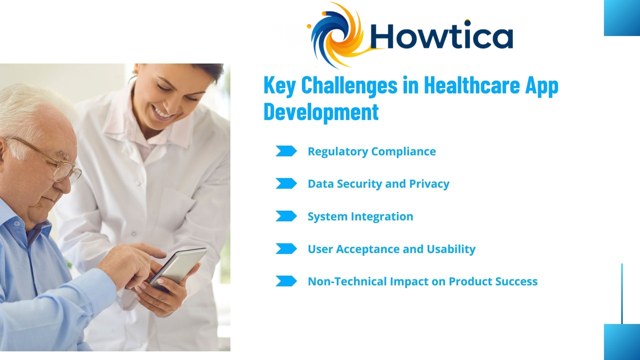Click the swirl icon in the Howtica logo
337,35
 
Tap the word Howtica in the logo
441,36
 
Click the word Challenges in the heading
349,85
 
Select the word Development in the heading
321,112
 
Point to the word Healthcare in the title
472,85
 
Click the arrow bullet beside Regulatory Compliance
286,151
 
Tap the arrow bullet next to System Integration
286,216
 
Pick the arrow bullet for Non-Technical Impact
286,281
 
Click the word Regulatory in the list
337,152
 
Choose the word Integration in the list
382,217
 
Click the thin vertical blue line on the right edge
622,293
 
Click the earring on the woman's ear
135,71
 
